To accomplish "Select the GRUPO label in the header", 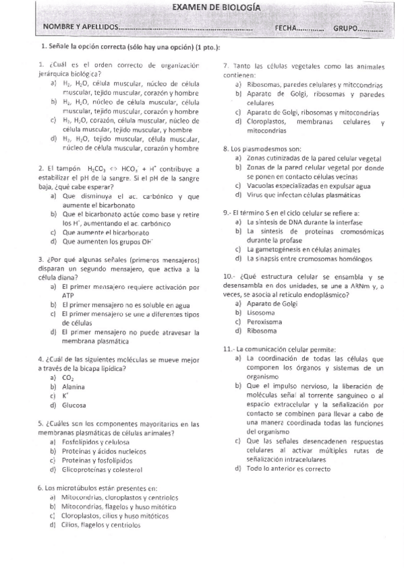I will (347, 28).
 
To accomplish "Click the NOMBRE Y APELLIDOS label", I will (79, 28).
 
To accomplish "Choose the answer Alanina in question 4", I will (74, 387).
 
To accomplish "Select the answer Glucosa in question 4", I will (74, 405).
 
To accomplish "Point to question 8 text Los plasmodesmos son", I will (266, 149).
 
